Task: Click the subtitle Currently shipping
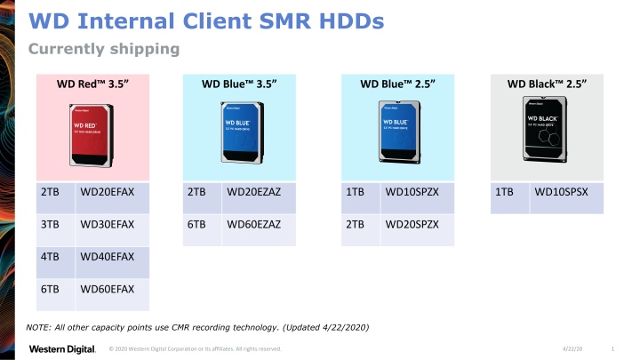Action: [104, 48]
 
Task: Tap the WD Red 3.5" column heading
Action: [92, 84]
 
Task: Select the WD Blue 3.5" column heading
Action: [239, 84]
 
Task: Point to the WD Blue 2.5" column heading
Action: [399, 84]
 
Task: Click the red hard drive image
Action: [92, 133]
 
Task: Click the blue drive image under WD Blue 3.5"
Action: [239, 132]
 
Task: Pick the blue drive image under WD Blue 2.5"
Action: [399, 132]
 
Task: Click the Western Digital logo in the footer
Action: [62, 348]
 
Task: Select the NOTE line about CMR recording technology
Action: [197, 328]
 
